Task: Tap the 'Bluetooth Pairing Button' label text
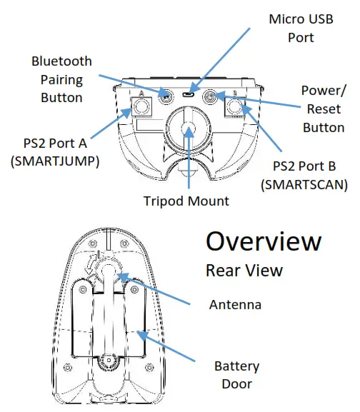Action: tap(61, 79)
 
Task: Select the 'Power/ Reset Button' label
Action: tap(323, 110)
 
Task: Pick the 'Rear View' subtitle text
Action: tap(244, 271)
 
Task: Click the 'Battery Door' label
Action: tap(236, 376)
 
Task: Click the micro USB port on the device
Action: tap(189, 94)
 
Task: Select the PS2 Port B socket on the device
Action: tap(235, 109)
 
